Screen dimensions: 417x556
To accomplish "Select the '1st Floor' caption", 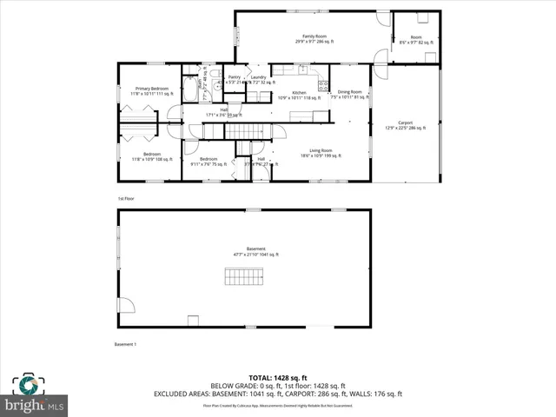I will click(x=126, y=199).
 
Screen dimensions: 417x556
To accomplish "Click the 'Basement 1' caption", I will click(x=126, y=345).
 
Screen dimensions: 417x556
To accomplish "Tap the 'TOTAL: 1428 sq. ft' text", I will click(x=278, y=378).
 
